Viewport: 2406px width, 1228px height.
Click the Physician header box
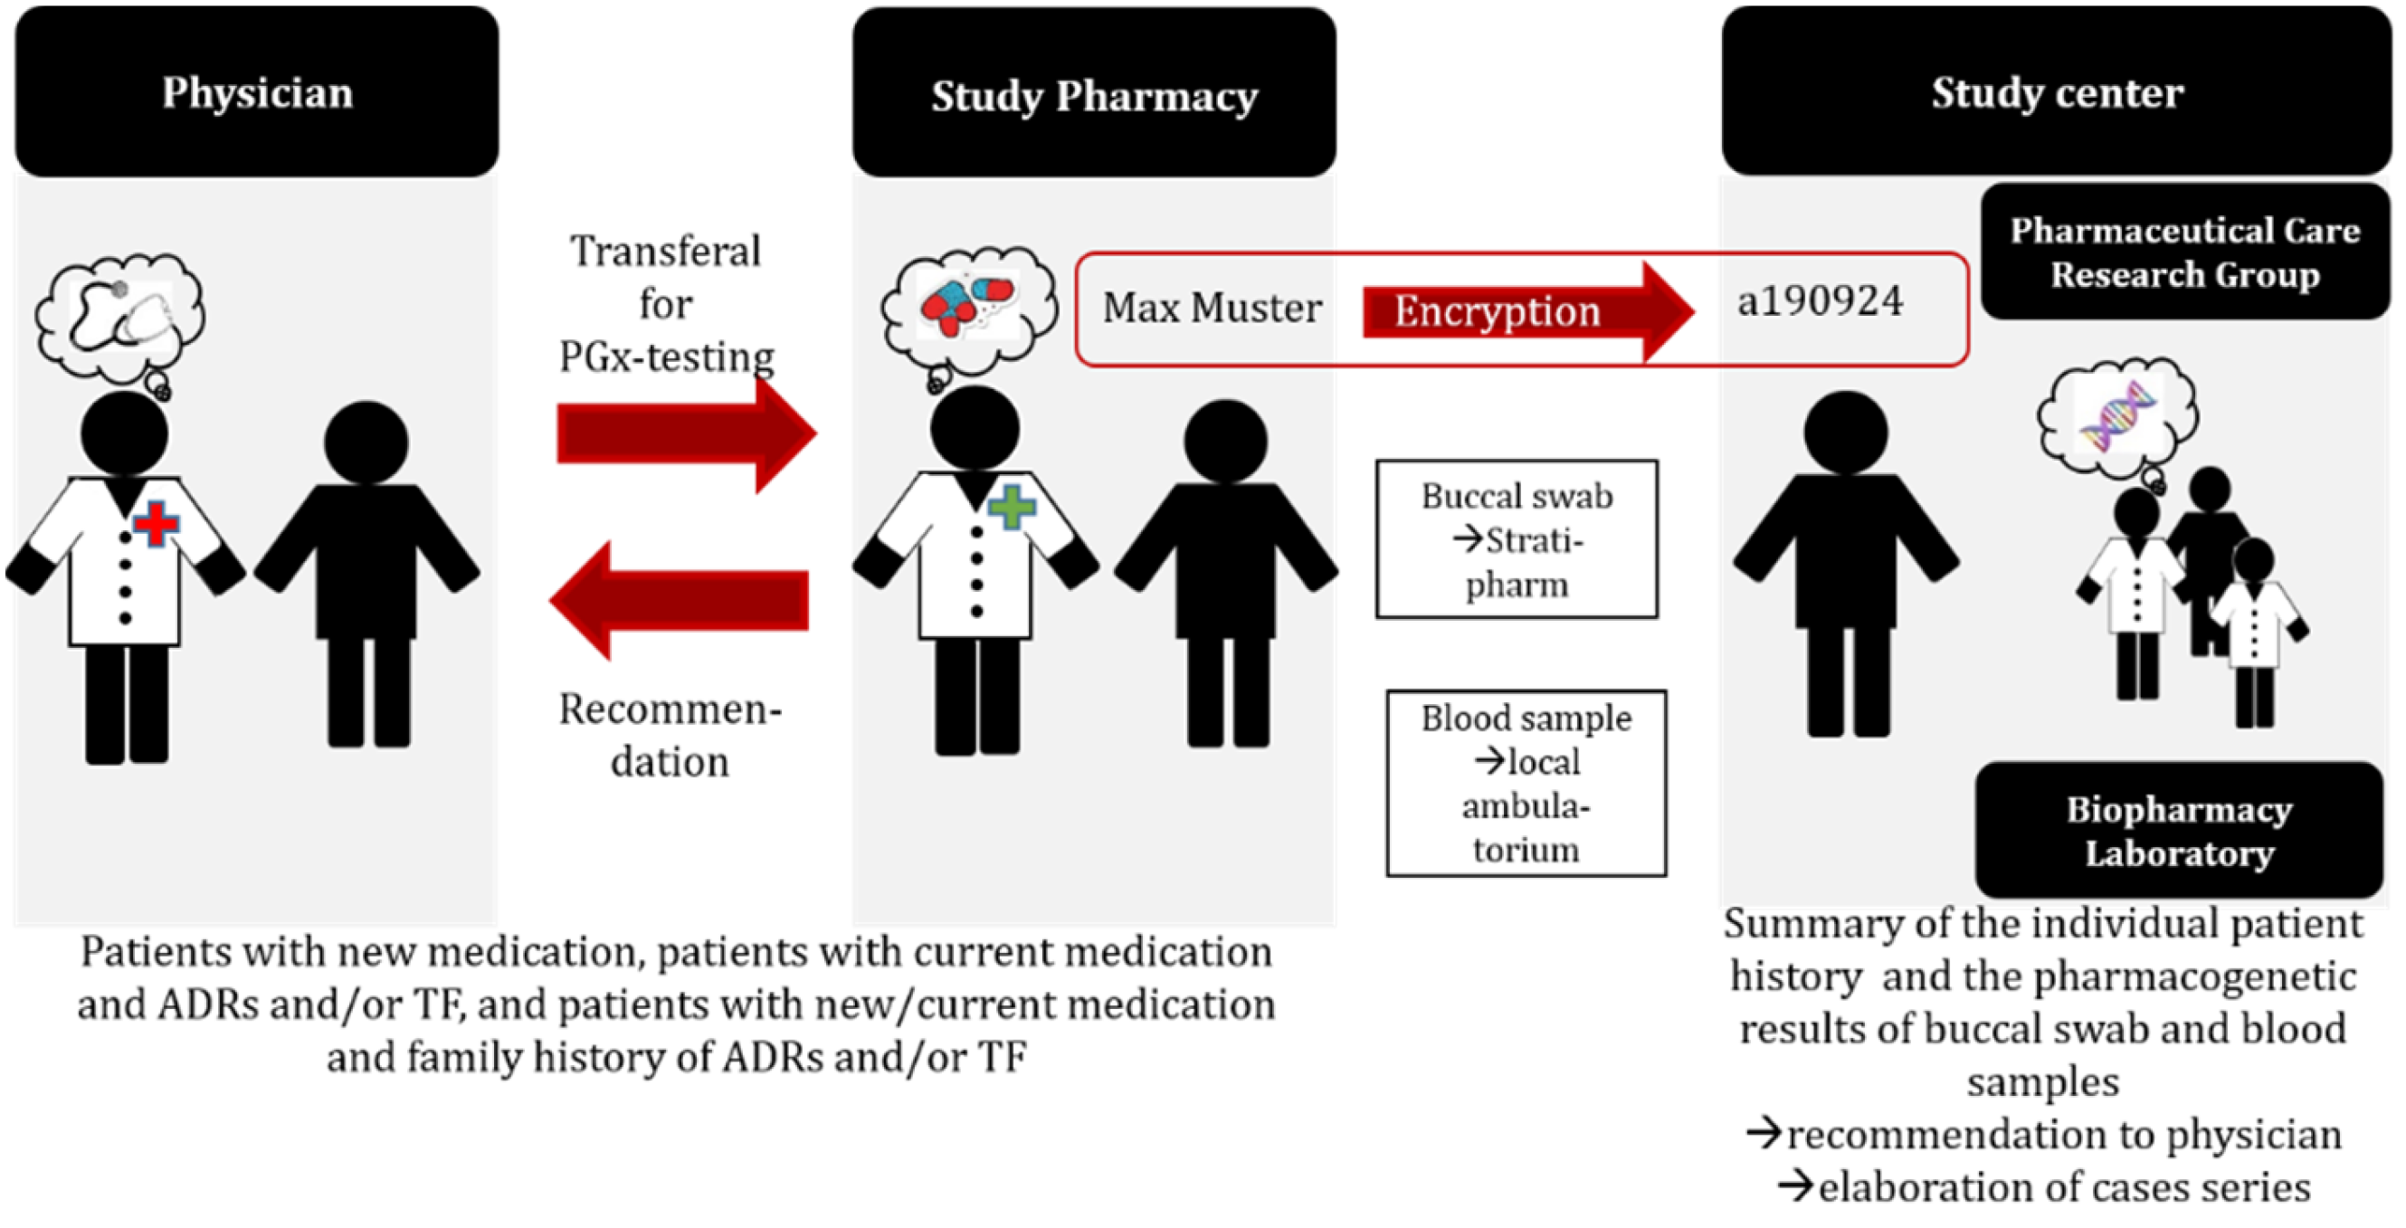(x=257, y=91)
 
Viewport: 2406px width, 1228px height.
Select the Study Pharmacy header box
(x=1094, y=93)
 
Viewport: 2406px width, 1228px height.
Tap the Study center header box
(x=2056, y=90)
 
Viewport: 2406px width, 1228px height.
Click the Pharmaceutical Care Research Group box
(x=2184, y=252)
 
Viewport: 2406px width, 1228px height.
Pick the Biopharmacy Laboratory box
(x=2178, y=830)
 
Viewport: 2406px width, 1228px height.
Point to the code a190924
(x=1820, y=301)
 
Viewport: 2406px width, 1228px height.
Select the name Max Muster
(x=1212, y=308)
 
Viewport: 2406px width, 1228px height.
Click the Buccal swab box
(x=1516, y=539)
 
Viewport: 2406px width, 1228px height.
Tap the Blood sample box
(x=1526, y=784)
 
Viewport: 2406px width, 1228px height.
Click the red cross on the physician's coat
(x=156, y=522)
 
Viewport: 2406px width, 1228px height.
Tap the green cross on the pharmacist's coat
(x=1011, y=507)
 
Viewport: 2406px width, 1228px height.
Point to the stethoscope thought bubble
(x=119, y=318)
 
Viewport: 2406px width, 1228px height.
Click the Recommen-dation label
(x=669, y=735)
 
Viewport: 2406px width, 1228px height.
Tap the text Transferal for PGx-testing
(x=667, y=303)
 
